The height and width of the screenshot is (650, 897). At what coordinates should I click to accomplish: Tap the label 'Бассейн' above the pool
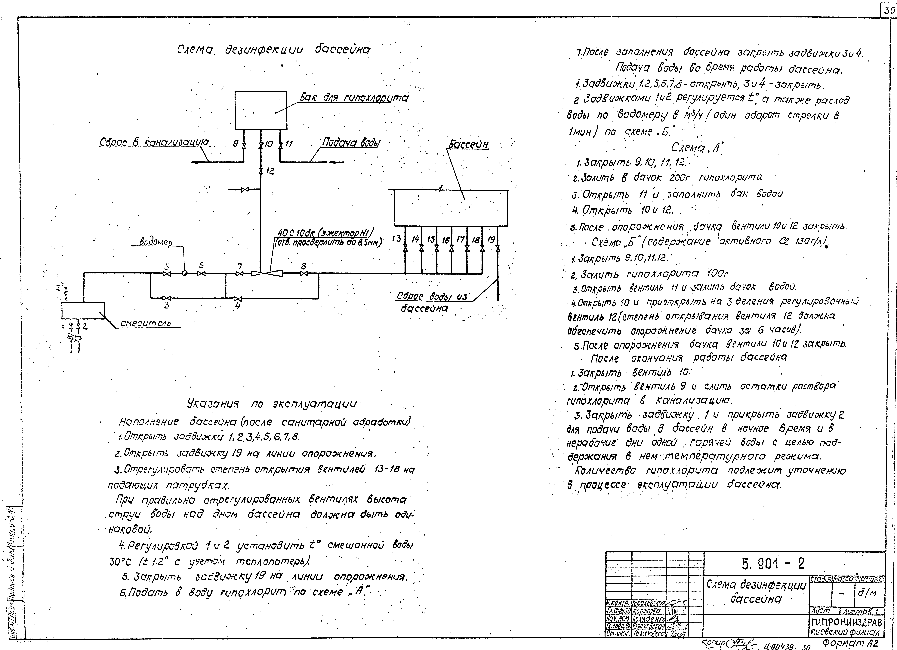469,145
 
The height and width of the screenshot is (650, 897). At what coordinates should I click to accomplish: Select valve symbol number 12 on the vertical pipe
261,171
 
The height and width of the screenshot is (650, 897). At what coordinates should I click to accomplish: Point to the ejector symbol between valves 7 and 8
267,273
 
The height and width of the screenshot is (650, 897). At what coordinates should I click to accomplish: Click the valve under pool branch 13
405,249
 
